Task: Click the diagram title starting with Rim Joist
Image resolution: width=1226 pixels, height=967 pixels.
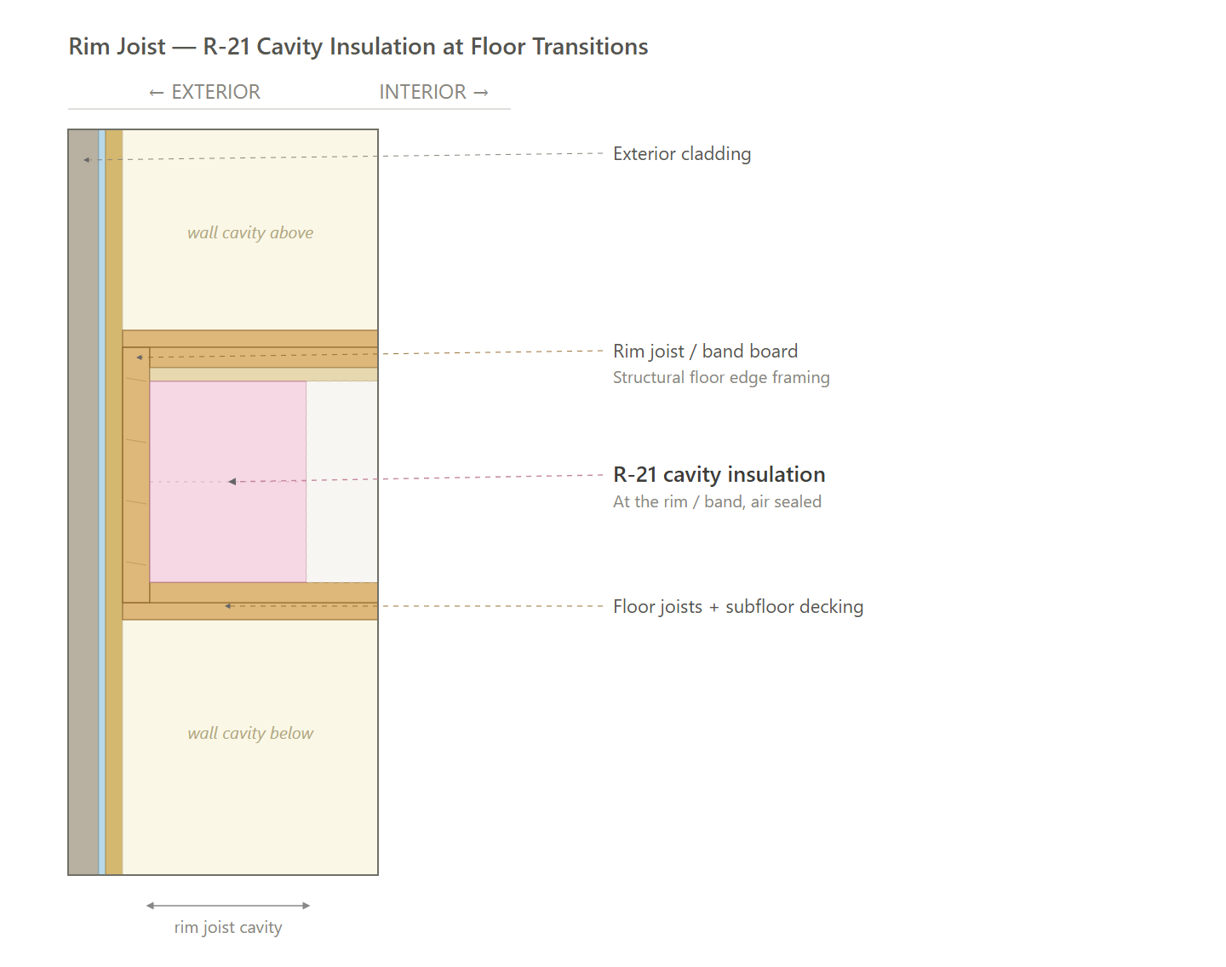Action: [x=358, y=47]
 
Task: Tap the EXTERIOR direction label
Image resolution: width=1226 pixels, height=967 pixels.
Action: [x=204, y=92]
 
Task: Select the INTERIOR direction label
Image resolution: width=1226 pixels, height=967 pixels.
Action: [x=434, y=92]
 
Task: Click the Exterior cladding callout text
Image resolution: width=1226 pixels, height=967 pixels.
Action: [x=682, y=154]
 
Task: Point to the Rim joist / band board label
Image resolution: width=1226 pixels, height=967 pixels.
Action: [x=705, y=351]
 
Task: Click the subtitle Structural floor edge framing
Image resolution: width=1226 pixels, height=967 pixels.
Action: [x=721, y=377]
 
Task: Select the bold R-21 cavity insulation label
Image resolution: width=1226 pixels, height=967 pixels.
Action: [x=719, y=474]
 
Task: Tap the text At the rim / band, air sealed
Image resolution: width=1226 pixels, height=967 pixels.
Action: [x=717, y=501]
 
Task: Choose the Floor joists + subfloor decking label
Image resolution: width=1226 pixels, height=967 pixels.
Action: [x=738, y=606]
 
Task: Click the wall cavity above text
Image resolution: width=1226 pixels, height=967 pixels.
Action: [x=250, y=232]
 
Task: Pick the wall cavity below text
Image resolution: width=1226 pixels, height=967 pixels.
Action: [x=250, y=733]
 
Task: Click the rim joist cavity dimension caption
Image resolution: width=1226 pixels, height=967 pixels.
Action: [x=228, y=927]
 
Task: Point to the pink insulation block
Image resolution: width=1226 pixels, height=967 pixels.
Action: [x=228, y=482]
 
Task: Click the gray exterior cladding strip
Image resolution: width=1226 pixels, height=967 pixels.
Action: [x=83, y=501]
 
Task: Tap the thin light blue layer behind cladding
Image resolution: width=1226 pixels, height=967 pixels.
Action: [x=102, y=501]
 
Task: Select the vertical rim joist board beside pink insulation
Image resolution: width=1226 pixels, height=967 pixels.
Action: [x=136, y=475]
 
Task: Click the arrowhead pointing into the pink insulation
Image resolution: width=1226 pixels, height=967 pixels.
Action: [x=232, y=482]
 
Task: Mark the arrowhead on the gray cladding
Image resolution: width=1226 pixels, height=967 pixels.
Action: [x=87, y=159]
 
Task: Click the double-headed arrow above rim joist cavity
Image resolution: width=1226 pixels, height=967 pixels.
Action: [x=228, y=906]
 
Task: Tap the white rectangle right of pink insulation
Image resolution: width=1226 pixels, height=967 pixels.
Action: [x=341, y=482]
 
